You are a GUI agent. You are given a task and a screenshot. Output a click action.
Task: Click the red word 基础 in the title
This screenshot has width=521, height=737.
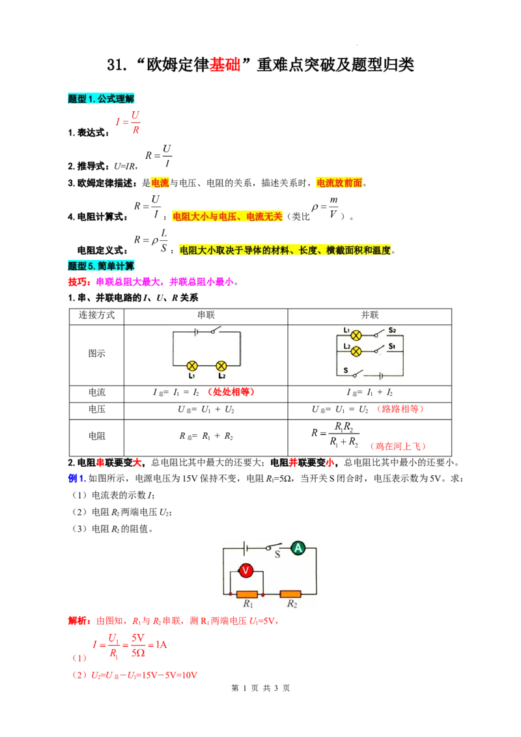point(225,64)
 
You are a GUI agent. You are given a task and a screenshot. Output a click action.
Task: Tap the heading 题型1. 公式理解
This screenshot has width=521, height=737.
point(101,99)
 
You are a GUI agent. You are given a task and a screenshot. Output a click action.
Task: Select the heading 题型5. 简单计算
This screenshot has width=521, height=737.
point(101,266)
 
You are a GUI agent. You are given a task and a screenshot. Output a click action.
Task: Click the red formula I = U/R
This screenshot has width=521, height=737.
point(128,122)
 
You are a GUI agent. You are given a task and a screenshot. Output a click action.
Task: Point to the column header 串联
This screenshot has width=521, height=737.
point(206,315)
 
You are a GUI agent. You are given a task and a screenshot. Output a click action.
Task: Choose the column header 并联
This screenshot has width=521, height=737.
point(370,315)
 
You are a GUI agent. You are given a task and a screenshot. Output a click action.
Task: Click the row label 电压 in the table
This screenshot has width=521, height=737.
point(97,410)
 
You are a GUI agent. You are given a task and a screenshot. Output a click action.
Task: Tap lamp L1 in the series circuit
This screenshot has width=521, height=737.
point(192,366)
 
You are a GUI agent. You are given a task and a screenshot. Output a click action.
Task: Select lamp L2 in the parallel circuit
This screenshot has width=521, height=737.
point(356,351)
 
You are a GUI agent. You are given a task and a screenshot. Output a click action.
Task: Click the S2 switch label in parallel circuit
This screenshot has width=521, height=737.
point(392,331)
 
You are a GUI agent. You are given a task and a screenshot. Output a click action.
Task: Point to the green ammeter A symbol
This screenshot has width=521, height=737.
point(298,548)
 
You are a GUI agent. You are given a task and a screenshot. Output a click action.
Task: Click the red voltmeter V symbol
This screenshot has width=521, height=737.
point(246,570)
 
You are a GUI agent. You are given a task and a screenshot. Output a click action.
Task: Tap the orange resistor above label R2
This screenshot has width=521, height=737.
point(290,594)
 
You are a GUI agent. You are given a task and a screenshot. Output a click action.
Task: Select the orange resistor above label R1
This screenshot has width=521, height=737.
point(246,594)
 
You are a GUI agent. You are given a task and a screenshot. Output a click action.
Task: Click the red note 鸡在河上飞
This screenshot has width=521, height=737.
point(398,446)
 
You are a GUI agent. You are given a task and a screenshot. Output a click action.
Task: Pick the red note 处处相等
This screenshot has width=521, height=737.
point(231,392)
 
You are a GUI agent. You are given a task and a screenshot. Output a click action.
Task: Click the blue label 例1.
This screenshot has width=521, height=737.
point(77,479)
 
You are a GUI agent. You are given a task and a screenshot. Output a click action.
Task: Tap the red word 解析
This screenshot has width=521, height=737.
point(79,621)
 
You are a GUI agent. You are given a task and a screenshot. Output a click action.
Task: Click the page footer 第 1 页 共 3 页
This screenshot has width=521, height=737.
point(260,688)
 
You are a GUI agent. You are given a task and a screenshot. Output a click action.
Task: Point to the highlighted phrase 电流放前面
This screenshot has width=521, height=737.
point(339,183)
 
